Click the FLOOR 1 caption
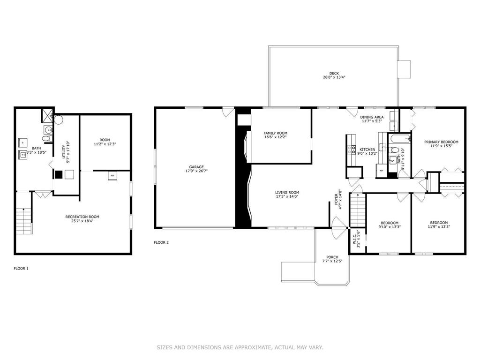pos(21,269)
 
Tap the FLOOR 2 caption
pos(161,242)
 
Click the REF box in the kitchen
pos(381,171)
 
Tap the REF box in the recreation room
pos(112,175)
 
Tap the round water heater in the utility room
pos(58,119)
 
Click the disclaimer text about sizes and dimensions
pos(240,347)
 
